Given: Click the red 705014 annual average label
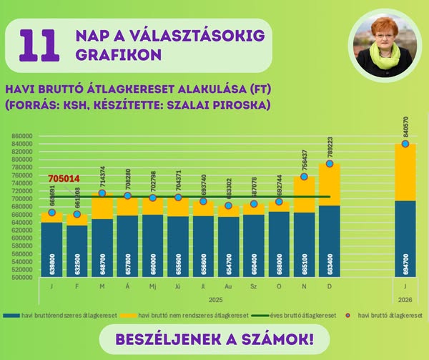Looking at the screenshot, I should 64,179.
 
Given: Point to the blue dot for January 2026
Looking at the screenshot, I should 405,144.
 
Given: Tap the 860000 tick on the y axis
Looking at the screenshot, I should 22,136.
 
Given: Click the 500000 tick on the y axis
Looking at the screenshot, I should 22,277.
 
